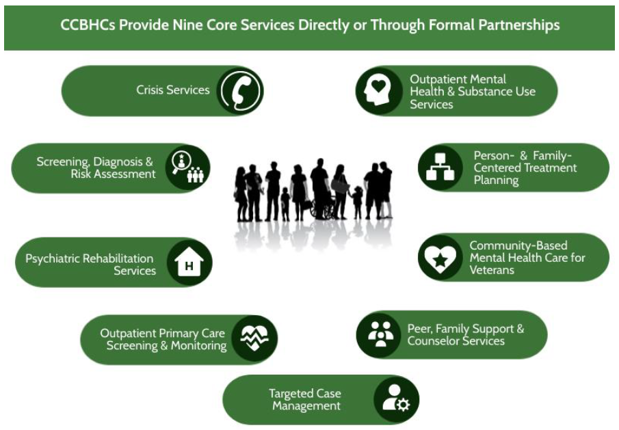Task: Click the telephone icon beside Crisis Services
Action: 240,91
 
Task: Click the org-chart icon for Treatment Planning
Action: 440,167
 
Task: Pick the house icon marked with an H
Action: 189,263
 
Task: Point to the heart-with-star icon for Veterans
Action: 440,258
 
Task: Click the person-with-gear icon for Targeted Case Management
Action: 395,400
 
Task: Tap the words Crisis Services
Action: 173,90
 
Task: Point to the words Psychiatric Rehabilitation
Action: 90,258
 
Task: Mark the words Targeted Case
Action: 305,394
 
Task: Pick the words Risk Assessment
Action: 113,174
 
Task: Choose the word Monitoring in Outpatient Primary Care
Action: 198,346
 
